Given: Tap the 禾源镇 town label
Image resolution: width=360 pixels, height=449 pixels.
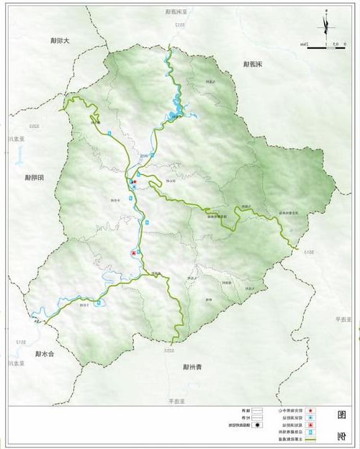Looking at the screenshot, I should [250, 64].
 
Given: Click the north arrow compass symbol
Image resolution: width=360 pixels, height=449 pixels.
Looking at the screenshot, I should [328, 28].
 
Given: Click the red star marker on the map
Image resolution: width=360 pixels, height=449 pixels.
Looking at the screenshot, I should [132, 182].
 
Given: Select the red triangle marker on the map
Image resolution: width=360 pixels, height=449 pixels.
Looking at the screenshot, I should [132, 253].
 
